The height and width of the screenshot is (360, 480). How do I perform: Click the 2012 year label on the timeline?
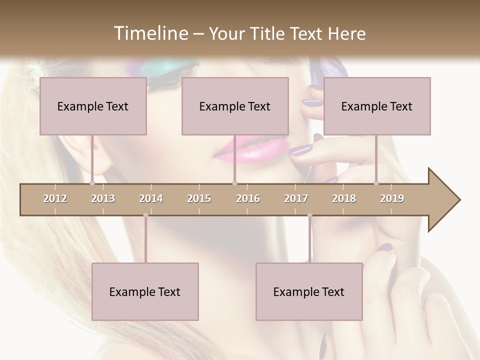tap(55, 198)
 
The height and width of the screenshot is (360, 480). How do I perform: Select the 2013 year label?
tap(103, 198)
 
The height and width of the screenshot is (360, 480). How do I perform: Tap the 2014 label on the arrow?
tap(151, 198)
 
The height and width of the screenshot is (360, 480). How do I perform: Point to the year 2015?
tap(199, 198)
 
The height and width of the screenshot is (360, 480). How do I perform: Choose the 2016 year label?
tap(248, 198)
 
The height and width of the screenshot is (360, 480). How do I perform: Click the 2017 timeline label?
tap(296, 198)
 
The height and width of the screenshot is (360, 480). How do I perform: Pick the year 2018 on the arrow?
tap(344, 198)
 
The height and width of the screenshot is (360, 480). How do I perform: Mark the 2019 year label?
tap(392, 198)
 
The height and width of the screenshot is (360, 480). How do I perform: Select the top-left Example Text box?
tap(93, 106)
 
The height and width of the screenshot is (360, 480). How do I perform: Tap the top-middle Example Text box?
tap(235, 106)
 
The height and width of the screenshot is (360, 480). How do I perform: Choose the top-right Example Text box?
tap(377, 106)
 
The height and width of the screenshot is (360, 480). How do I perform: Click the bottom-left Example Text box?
tap(145, 291)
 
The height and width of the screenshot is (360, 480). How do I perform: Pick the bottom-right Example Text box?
tap(309, 291)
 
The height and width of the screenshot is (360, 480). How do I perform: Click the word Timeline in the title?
tap(149, 33)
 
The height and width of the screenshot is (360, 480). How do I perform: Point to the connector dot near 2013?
tap(92, 183)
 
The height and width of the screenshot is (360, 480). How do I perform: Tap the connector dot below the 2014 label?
tap(145, 215)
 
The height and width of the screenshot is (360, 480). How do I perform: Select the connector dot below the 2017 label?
tap(309, 215)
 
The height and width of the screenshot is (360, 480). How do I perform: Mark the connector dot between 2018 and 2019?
tap(376, 183)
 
